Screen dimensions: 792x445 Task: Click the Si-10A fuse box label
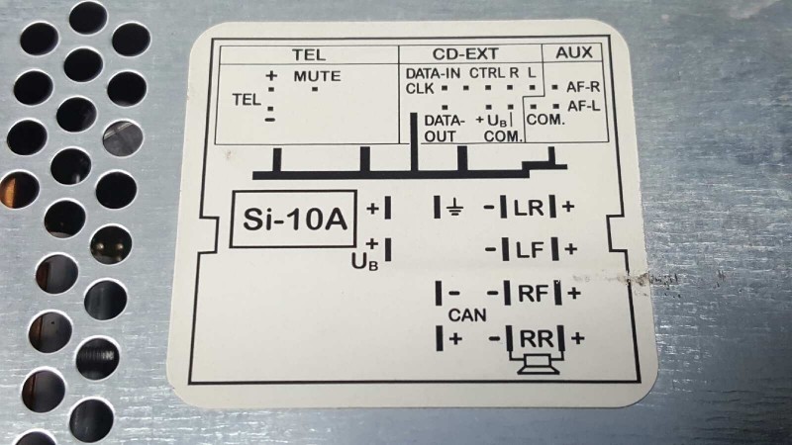[294, 219]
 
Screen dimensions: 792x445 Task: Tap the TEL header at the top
[309, 54]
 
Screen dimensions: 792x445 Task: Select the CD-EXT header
[465, 53]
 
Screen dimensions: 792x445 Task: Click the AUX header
[574, 52]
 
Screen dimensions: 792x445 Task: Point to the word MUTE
[317, 76]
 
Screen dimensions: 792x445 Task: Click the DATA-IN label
[433, 73]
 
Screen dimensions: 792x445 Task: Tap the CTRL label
[487, 73]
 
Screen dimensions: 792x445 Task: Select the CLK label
[420, 88]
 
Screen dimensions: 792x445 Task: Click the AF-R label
[583, 87]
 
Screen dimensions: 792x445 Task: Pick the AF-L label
[584, 106]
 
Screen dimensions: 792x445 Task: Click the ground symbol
[455, 208]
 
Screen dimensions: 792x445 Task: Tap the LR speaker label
[529, 208]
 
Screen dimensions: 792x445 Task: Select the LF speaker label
[531, 250]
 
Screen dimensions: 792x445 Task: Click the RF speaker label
[534, 293]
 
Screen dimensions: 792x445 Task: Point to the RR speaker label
[537, 338]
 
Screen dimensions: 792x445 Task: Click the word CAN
[467, 315]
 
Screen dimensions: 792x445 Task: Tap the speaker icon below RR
[539, 364]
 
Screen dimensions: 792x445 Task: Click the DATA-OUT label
[444, 129]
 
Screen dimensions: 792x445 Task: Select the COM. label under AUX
[545, 120]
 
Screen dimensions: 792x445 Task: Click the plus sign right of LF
[571, 249]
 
